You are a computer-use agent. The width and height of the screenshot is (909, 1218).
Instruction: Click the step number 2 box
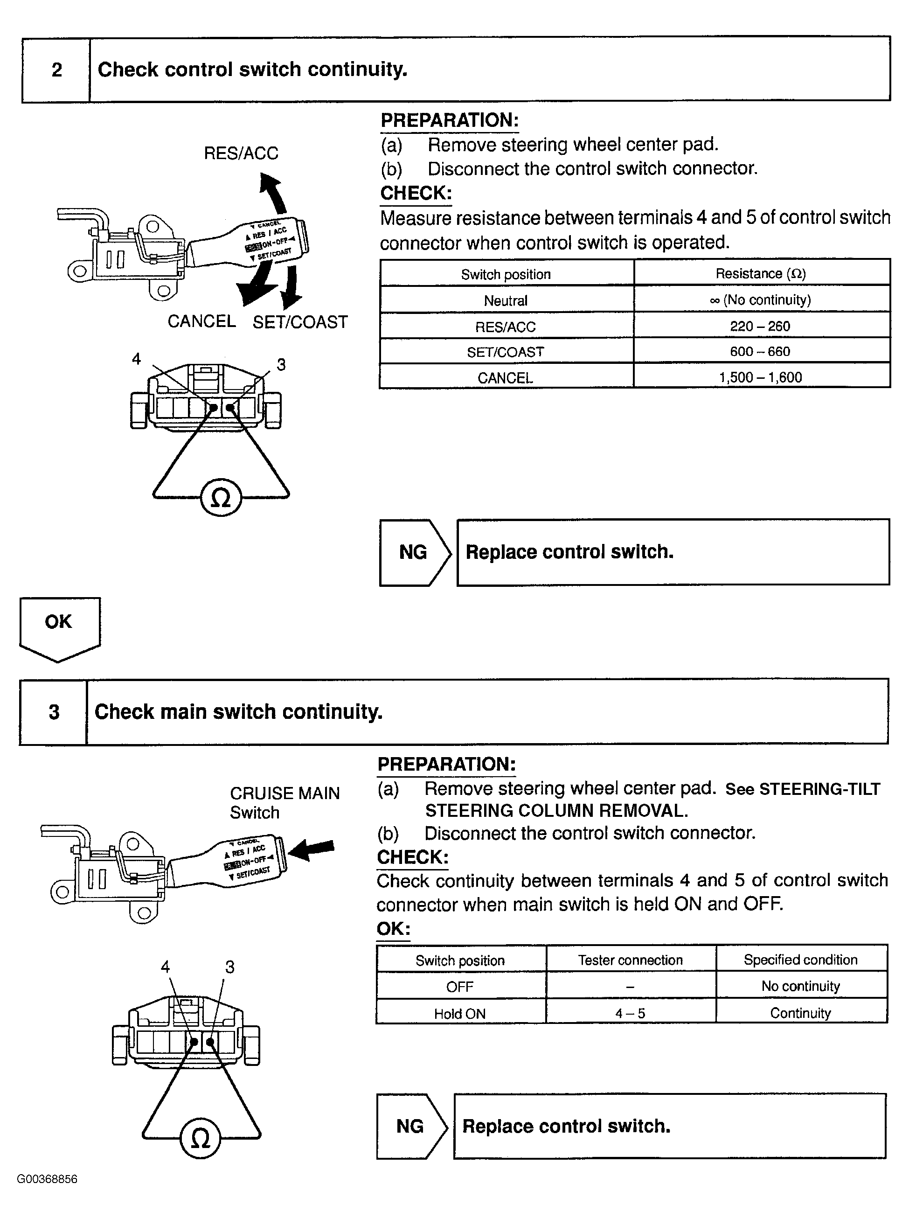point(56,70)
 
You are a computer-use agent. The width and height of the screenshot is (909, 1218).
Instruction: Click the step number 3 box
point(53,712)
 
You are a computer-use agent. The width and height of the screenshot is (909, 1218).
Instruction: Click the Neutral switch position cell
point(506,300)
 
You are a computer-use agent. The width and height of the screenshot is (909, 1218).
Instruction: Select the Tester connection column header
point(631,960)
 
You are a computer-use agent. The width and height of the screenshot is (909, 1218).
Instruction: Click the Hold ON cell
point(460,1014)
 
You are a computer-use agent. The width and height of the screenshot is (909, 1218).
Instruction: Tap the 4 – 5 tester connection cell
point(631,1013)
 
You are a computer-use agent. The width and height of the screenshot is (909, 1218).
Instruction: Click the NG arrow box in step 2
point(413,552)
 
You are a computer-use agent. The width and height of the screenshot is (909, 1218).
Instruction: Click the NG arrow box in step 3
point(410,1126)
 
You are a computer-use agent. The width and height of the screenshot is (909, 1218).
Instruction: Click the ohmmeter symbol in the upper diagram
point(221,498)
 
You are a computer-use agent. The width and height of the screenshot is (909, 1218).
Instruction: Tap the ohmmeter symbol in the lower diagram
point(200,1138)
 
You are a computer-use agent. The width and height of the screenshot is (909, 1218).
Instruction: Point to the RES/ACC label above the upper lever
point(241,153)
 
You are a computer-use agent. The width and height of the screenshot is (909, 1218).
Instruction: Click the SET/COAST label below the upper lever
point(300,322)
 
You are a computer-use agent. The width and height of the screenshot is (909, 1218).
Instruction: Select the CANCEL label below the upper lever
point(201,321)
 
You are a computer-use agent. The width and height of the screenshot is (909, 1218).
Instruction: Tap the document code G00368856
point(47,1179)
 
